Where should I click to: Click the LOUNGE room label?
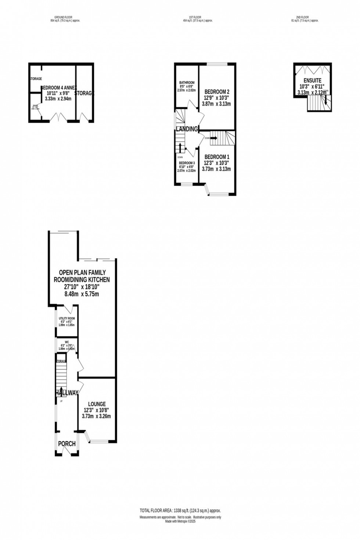tap(97, 404)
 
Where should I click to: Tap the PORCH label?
tap(67, 444)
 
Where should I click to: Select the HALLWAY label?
tap(67, 393)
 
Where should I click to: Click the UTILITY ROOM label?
tap(67, 318)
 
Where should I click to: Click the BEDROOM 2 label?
tap(217, 91)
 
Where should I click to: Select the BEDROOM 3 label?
tap(187, 163)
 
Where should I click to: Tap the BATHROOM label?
tap(187, 83)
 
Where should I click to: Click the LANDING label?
tap(187, 129)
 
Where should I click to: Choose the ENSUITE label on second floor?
tap(312, 80)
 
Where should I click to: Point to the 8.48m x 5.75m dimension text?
tap(82, 294)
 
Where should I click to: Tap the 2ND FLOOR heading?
tap(302, 17)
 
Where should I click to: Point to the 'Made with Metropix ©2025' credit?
tap(180, 521)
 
